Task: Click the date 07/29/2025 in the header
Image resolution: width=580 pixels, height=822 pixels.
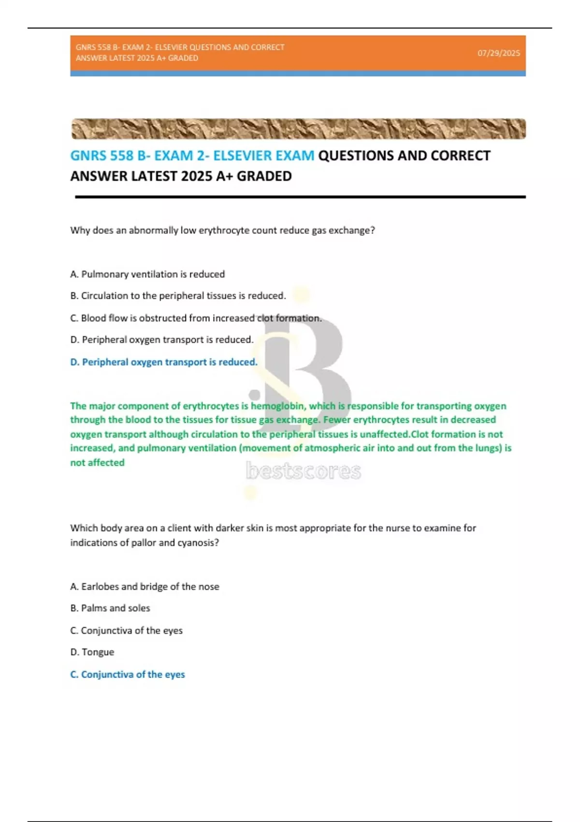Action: coord(498,53)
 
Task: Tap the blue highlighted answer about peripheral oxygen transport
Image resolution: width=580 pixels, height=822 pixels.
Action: coord(164,362)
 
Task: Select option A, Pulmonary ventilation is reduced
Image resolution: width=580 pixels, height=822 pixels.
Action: coord(147,274)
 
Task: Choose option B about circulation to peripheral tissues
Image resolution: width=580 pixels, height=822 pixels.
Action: coord(178,296)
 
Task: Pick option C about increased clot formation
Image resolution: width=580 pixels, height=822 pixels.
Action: coord(196,318)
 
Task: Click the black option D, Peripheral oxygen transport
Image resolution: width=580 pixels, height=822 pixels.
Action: coord(161,340)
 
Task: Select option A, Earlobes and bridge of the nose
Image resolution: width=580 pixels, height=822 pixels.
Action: coord(145,587)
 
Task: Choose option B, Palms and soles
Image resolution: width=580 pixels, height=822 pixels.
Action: coord(110,608)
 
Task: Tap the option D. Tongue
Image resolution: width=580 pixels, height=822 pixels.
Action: coord(92,652)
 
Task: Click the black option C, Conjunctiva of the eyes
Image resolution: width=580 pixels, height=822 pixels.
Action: coord(126,631)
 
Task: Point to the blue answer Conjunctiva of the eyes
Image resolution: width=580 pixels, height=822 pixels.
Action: coord(128,675)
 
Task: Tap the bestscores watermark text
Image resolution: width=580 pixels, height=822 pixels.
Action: coord(303,471)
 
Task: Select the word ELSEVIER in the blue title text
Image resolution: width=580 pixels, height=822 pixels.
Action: coord(239,156)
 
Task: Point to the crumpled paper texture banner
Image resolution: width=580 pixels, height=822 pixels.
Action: coord(298,129)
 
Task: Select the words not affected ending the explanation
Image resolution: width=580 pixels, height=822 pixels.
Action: coord(97,463)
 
